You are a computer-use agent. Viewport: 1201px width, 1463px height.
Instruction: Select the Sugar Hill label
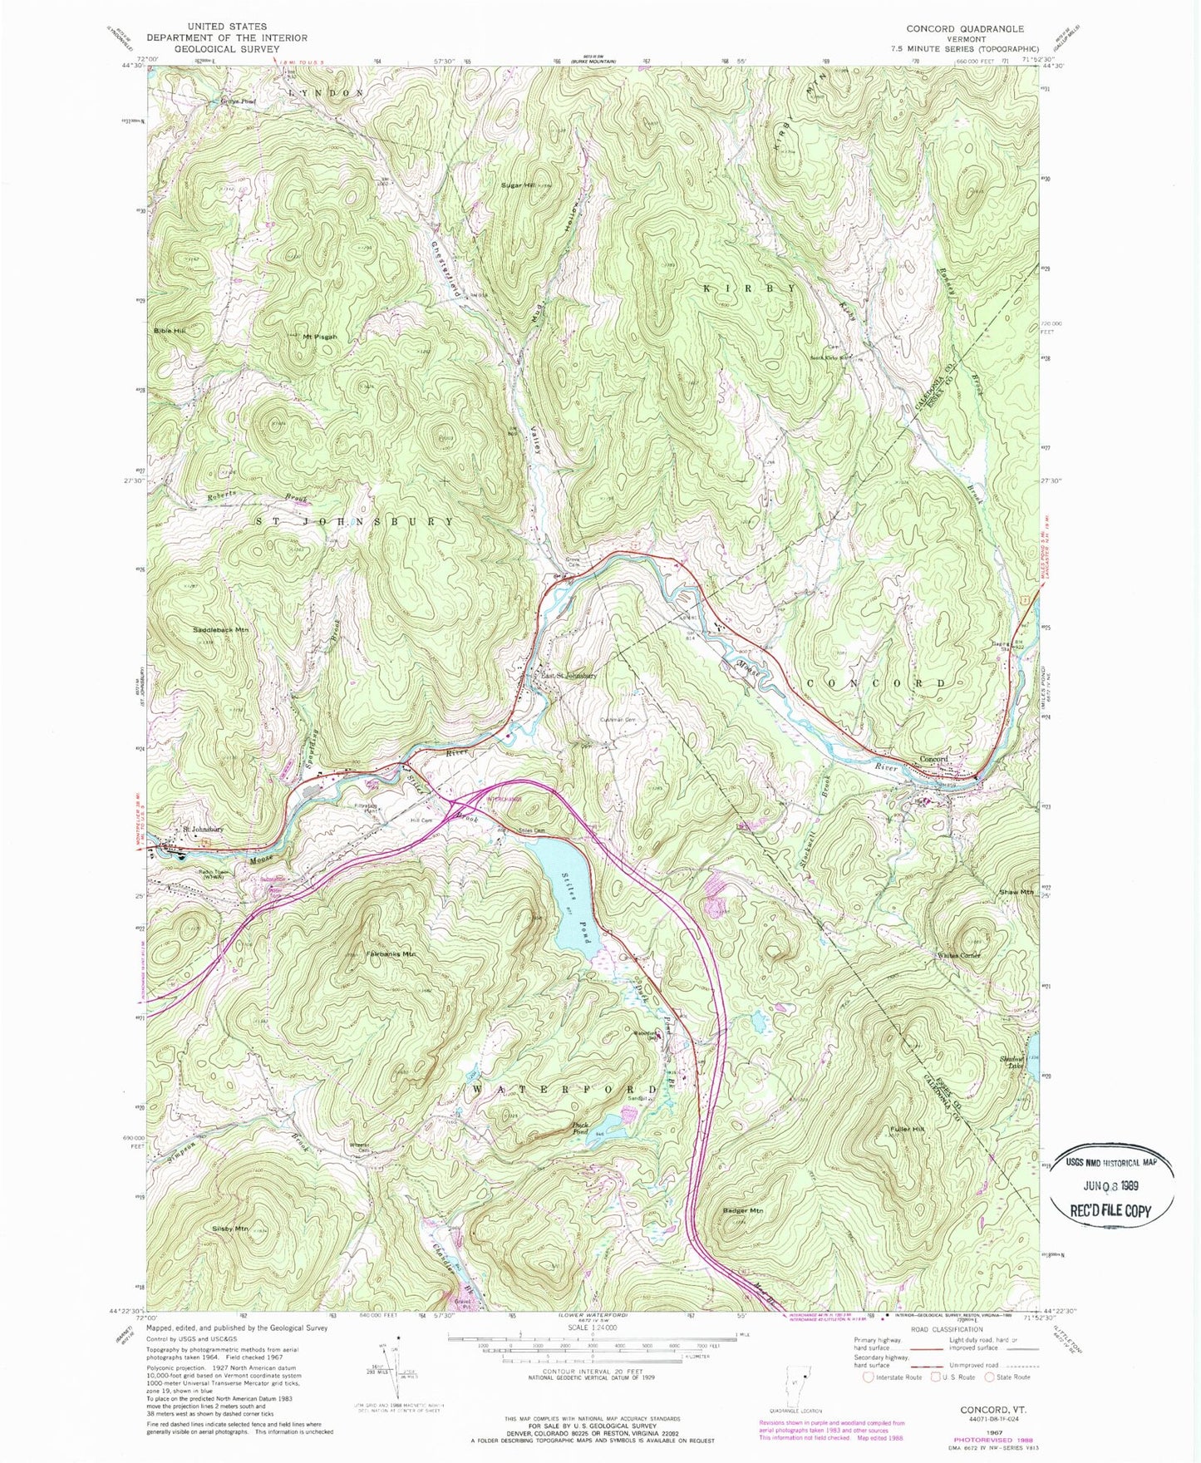coord(518,185)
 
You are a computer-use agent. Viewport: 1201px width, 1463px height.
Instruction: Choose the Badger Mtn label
coord(742,1211)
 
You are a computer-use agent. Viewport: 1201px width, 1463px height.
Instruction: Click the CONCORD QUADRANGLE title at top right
coord(965,28)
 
